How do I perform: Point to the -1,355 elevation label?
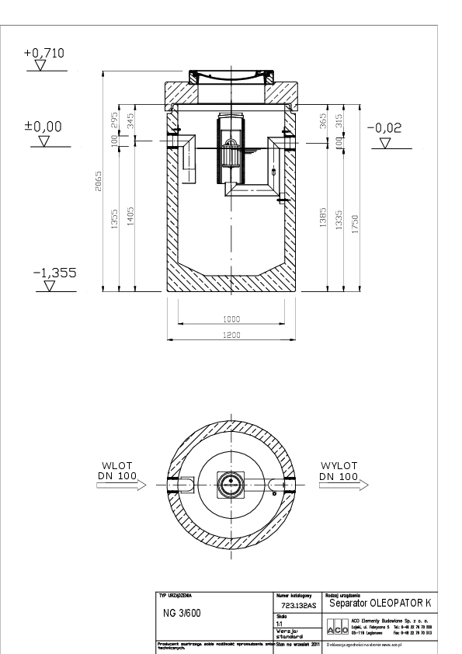(x=50, y=273)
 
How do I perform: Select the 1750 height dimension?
(x=354, y=223)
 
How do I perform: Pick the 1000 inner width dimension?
(x=231, y=319)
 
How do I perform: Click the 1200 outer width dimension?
(x=231, y=335)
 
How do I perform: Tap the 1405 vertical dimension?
(x=130, y=215)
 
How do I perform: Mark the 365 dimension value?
(x=323, y=122)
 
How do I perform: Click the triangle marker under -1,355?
(x=50, y=285)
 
